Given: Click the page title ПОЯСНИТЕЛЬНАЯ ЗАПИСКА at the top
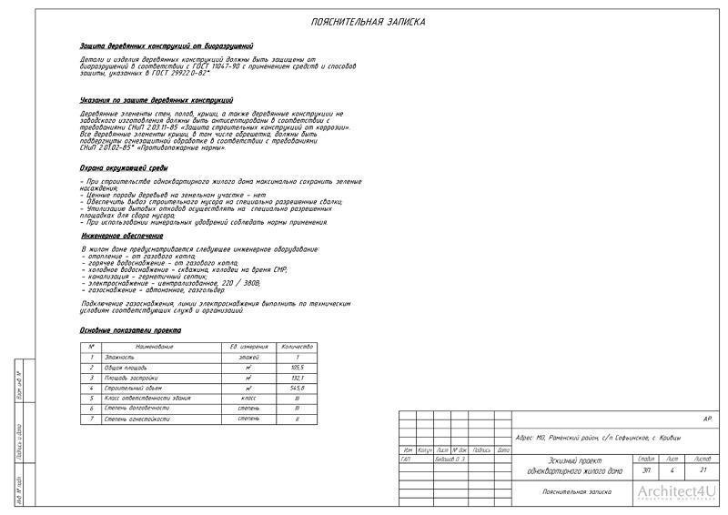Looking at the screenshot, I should [x=367, y=22].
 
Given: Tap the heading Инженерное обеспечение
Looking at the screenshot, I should [x=118, y=236].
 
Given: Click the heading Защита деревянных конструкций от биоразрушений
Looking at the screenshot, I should [x=167, y=45].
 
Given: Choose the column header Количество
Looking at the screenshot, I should [x=297, y=347].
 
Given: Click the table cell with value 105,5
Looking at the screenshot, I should [x=297, y=368].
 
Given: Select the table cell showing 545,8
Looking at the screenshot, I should [x=297, y=389].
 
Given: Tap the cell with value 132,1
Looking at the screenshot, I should [x=297, y=378].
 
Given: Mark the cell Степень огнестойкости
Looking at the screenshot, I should [x=136, y=419].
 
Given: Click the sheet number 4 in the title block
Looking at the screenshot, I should [x=672, y=470].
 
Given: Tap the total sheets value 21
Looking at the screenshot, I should [x=703, y=470].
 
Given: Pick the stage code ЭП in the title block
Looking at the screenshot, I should [x=645, y=470].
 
